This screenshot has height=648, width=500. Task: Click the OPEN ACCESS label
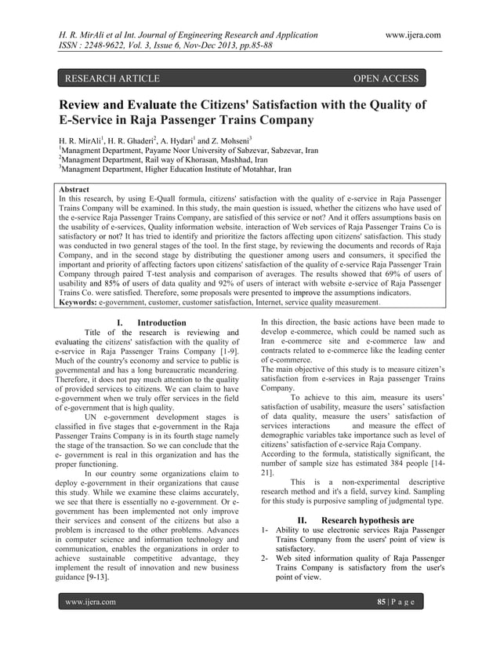(387, 78)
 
